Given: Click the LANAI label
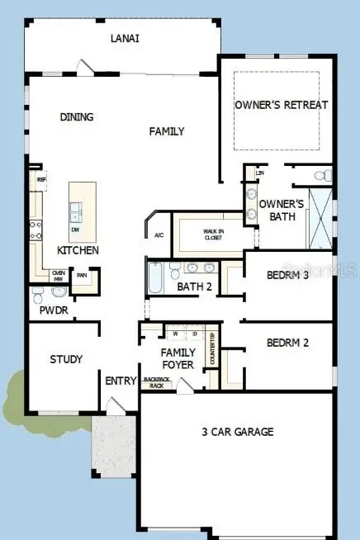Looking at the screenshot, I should tap(126, 38).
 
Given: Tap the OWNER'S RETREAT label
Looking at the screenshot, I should tap(282, 105).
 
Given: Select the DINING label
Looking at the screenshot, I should tap(77, 117).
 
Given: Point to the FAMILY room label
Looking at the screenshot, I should tap(167, 131).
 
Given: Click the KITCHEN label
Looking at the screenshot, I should tap(78, 250).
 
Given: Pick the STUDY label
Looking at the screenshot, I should tap(66, 359).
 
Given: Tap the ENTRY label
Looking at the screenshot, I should tap(121, 381).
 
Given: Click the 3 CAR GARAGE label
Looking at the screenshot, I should tap(238, 431).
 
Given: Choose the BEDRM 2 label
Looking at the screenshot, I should tap(287, 342).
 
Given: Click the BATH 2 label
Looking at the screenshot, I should tap(196, 287).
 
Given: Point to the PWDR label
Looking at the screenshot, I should tap(53, 311).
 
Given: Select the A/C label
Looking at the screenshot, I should tap(159, 235).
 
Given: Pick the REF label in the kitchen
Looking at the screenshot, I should tap(40, 178).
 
